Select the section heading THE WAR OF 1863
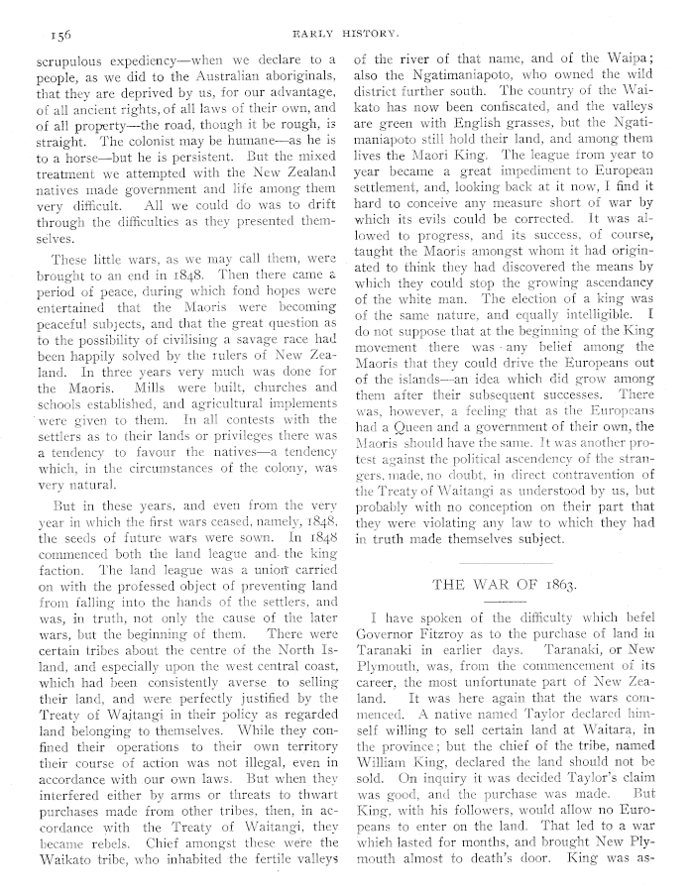(504, 584)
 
